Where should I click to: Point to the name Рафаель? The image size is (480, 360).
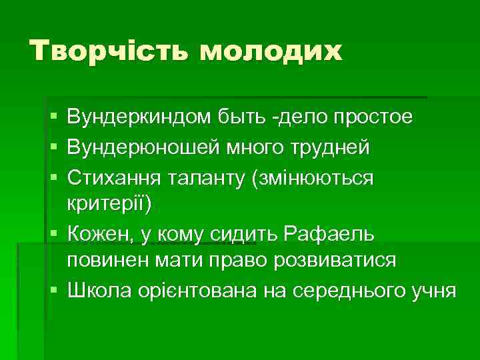[x=329, y=234]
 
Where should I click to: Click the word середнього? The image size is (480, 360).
[x=342, y=291]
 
